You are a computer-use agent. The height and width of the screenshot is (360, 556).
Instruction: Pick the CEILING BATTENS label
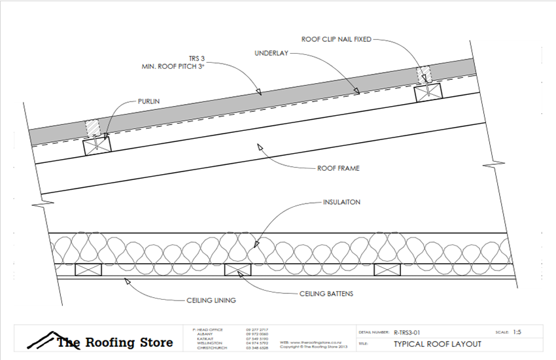click(x=326, y=294)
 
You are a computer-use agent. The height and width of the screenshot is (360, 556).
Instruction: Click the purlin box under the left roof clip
click(x=96, y=146)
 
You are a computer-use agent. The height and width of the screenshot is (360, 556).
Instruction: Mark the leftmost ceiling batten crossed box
click(x=87, y=269)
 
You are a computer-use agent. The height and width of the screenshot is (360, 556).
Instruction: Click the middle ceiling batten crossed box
click(x=239, y=269)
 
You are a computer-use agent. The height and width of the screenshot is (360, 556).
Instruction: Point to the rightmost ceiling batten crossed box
click(x=387, y=269)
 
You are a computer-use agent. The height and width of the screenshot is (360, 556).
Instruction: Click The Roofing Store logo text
click(x=115, y=342)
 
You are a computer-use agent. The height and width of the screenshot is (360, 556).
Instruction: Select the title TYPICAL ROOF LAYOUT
click(x=438, y=344)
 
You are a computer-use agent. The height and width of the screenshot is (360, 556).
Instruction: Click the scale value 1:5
click(x=517, y=333)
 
